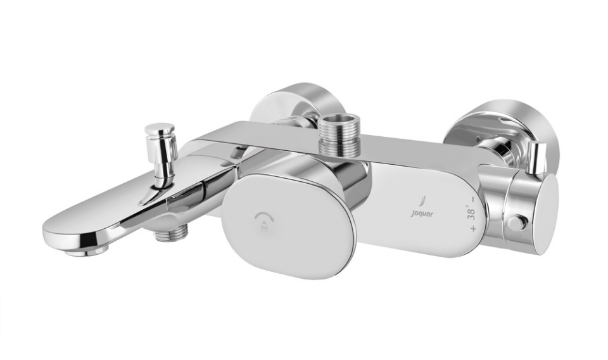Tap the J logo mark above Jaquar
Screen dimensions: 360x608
(422, 203)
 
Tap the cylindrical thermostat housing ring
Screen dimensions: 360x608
(500, 203)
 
